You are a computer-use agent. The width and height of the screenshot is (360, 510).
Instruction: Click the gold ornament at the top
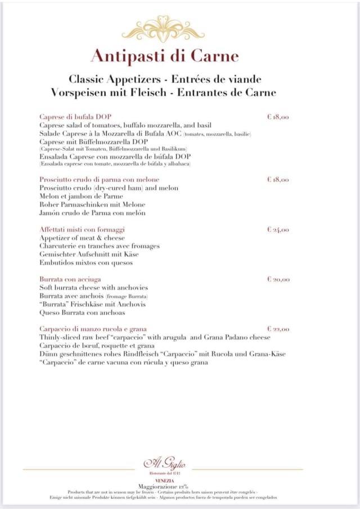[x=163, y=29]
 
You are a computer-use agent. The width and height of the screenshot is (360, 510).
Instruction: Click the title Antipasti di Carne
[x=164, y=56]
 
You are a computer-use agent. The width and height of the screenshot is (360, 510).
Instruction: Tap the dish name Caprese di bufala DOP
[x=75, y=117]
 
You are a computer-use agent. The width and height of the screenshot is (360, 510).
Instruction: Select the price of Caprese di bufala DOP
[x=278, y=117]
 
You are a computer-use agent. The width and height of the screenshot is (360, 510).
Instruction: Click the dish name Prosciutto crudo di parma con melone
[x=100, y=180]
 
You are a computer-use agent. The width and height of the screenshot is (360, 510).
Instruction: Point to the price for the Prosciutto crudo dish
[x=278, y=180]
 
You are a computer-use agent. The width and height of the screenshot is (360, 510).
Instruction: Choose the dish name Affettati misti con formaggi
[x=82, y=230]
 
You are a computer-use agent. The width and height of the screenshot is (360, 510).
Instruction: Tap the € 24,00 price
[x=278, y=230]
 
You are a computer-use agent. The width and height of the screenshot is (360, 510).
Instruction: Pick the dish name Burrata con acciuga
[x=70, y=279]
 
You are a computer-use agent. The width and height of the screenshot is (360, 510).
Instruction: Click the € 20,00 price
[x=278, y=279]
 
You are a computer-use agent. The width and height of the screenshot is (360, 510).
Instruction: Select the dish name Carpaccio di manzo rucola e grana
[x=93, y=329]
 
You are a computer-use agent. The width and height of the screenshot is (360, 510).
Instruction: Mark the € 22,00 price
[x=278, y=329]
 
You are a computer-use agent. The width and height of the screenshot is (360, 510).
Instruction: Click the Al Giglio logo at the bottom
[x=164, y=464]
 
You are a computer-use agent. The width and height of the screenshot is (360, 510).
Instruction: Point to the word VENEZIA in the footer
[x=164, y=480]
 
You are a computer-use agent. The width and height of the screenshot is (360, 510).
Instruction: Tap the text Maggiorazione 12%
[x=163, y=486]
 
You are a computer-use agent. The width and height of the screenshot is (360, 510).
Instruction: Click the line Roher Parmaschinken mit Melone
[x=92, y=204]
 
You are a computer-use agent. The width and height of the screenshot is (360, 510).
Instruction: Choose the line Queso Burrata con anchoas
[x=82, y=312]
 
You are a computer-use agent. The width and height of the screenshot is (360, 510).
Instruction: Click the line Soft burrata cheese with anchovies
[x=94, y=288]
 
